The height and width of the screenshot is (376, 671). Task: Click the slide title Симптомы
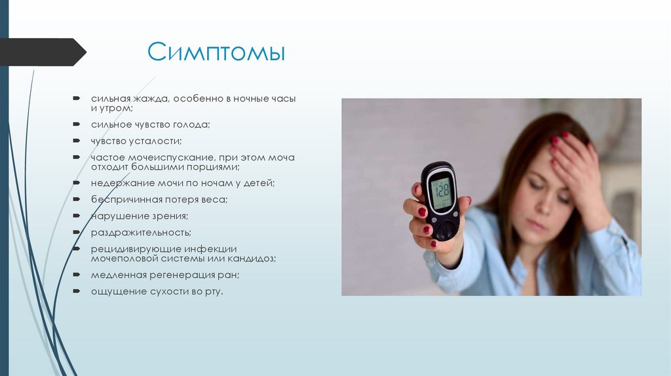[x=216, y=52]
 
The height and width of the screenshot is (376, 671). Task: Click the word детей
[x=258, y=183]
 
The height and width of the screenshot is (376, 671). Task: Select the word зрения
[x=170, y=216]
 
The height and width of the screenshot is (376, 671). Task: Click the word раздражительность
[x=141, y=233]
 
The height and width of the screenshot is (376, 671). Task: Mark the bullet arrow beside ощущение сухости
[x=77, y=291]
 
